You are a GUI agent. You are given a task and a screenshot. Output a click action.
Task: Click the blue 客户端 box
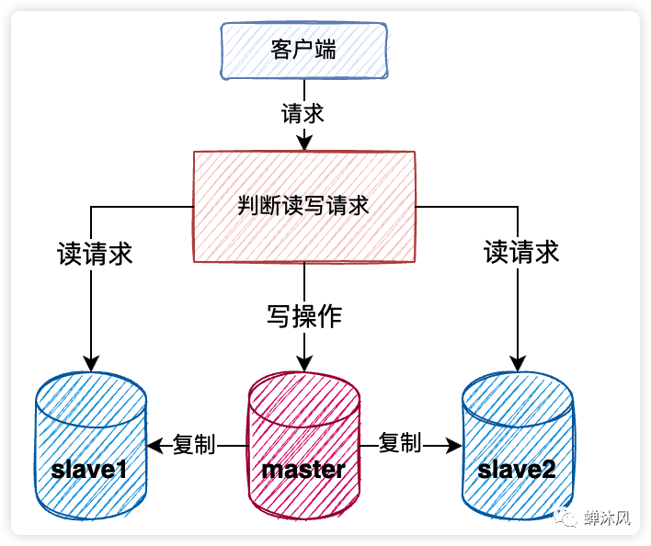pyautogui.click(x=303, y=50)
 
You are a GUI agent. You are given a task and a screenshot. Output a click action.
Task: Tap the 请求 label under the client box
pyautogui.click(x=303, y=113)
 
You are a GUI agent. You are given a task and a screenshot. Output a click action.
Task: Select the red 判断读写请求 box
pyautogui.click(x=303, y=205)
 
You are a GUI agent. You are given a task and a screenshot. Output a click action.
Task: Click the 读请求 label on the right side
pyautogui.click(x=521, y=253)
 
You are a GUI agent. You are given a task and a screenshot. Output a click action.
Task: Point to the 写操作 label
pyautogui.click(x=304, y=316)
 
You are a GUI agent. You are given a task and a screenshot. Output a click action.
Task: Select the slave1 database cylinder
pyautogui.click(x=89, y=446)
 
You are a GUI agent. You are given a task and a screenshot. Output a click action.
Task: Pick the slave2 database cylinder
pyautogui.click(x=517, y=446)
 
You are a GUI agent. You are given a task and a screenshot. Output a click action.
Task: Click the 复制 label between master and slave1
pyautogui.click(x=194, y=445)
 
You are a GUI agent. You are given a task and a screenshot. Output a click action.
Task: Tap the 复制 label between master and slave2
pyautogui.click(x=400, y=443)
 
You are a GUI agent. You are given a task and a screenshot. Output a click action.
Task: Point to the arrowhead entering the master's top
pyautogui.click(x=303, y=364)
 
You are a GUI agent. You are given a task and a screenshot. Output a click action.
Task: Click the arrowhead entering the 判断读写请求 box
pyautogui.click(x=303, y=143)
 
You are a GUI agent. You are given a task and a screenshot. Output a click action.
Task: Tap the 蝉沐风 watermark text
pyautogui.click(x=607, y=518)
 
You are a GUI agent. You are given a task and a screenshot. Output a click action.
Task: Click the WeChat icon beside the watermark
pyautogui.click(x=569, y=518)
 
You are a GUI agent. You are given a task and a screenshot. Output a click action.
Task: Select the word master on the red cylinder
pyautogui.click(x=303, y=470)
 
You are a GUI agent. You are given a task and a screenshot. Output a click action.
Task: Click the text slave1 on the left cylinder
pyautogui.click(x=89, y=470)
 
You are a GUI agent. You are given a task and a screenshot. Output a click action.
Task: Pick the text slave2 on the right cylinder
pyautogui.click(x=517, y=470)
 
